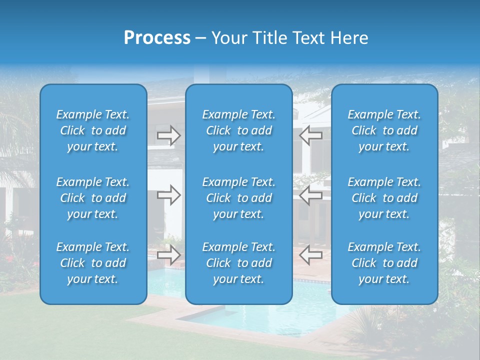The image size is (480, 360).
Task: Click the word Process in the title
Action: point(157,38)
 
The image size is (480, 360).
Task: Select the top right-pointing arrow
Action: point(168,135)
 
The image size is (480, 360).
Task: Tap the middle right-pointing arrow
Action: point(168,195)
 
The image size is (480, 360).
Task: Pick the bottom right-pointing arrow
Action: point(168,255)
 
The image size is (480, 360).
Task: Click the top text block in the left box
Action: point(93,130)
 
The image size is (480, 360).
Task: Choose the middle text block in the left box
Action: point(93,198)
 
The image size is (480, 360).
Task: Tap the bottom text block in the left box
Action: point(93,263)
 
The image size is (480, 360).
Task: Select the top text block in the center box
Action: point(238,130)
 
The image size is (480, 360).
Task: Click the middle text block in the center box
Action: point(238,198)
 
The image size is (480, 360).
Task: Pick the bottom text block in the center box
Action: point(238,263)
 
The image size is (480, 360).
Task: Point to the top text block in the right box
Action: point(384,130)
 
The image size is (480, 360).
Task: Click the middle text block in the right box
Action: point(384,198)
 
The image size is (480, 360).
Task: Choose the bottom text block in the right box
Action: point(384,263)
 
